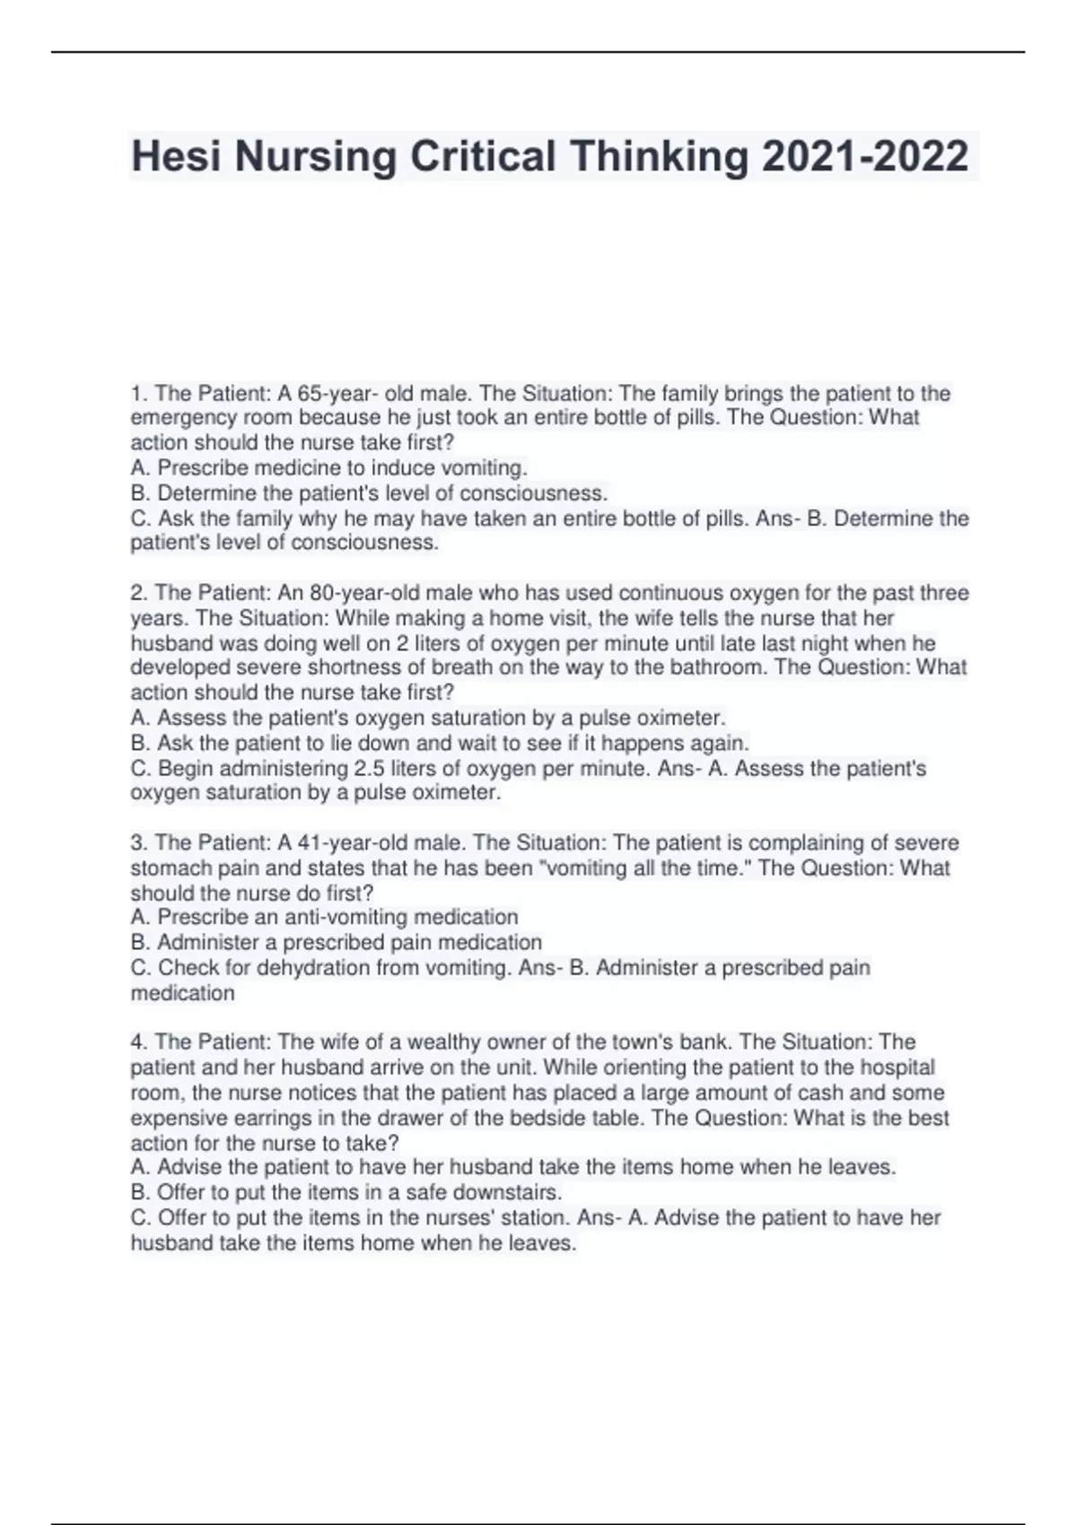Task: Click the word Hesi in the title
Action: [x=175, y=157]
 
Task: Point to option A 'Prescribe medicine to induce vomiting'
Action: [x=328, y=468]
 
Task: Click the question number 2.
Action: [x=138, y=593]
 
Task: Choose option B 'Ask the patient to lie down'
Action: [x=440, y=743]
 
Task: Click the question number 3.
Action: [x=138, y=843]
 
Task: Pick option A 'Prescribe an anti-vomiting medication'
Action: [x=324, y=918]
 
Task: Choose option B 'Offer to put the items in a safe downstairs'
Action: [x=346, y=1193]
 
